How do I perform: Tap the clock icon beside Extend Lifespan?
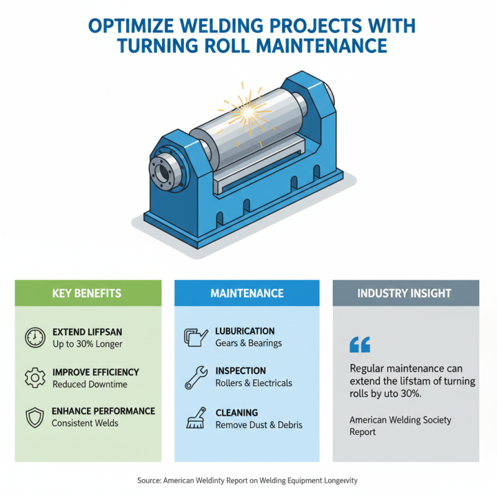click(x=35, y=337)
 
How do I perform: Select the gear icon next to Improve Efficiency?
click(x=35, y=378)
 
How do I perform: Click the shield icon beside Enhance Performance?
click(x=35, y=417)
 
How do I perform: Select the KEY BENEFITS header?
click(x=88, y=293)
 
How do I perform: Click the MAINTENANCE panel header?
click(x=247, y=293)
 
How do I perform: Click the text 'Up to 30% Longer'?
click(x=88, y=344)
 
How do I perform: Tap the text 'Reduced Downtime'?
click(x=90, y=385)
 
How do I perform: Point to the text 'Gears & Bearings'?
click(x=248, y=344)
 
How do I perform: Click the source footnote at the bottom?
click(x=247, y=480)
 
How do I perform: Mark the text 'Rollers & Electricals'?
click(x=253, y=383)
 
